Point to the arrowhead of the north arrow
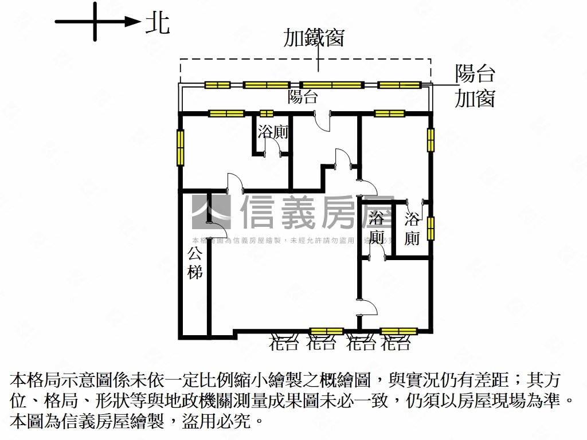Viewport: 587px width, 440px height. pos(134,22)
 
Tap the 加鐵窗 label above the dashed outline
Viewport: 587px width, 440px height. pos(314,38)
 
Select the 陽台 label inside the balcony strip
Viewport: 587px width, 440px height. pos(303,96)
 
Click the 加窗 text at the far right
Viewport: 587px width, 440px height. pos(475,99)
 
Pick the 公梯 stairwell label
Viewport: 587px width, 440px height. pos(195,262)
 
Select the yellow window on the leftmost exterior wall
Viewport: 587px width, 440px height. pos(181,148)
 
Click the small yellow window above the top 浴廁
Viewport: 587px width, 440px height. pos(267,113)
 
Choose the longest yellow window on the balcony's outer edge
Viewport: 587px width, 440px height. pos(332,85)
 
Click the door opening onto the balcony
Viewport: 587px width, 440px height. pos(324,120)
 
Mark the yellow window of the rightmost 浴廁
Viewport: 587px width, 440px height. pos(431,228)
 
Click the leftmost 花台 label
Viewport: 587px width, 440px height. pos(284,344)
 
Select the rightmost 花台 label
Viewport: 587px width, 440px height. pos(397,344)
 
